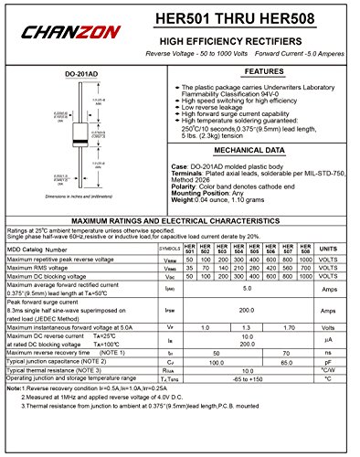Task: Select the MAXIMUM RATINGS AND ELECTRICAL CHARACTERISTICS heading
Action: pyautogui.click(x=180, y=220)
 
